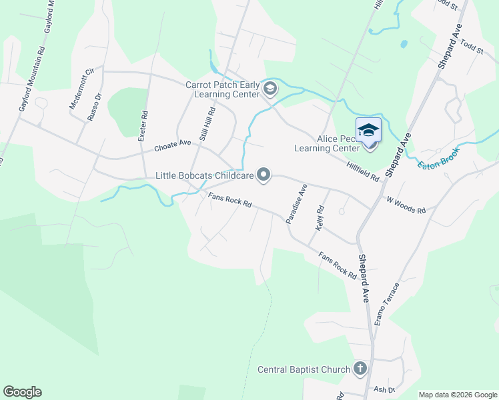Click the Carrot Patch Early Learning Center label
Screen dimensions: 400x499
tap(222, 90)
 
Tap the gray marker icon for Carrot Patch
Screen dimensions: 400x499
tap(270, 89)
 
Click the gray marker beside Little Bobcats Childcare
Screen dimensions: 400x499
tap(264, 175)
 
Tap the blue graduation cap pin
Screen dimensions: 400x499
tap(368, 131)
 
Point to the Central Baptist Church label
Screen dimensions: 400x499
tap(304, 369)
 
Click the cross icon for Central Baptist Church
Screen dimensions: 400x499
tap(360, 369)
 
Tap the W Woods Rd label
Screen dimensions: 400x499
tap(406, 205)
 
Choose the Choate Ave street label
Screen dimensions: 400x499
tap(172, 145)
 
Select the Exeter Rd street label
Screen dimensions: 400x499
tap(141, 125)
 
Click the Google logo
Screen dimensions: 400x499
tap(22, 392)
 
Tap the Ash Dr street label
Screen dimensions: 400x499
tap(385, 389)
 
